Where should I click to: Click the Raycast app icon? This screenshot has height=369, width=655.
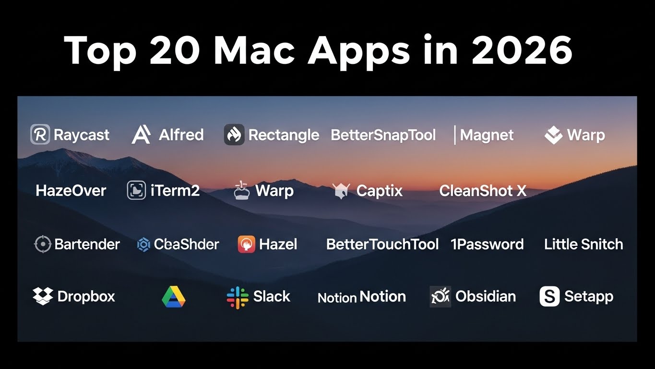click(x=40, y=135)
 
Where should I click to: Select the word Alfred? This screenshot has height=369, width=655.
click(x=181, y=135)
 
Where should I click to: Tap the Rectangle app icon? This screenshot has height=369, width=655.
click(x=234, y=135)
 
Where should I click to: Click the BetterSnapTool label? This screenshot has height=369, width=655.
click(x=383, y=135)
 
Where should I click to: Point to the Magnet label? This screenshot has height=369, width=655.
click(x=487, y=135)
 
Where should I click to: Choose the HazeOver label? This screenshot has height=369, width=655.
click(x=71, y=191)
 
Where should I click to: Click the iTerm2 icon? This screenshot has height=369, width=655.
click(x=136, y=191)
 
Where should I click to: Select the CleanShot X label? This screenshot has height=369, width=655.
click(x=483, y=191)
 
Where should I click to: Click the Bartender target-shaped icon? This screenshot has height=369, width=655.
click(x=43, y=245)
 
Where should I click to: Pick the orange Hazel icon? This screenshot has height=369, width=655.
click(x=247, y=245)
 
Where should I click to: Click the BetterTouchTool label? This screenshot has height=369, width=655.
click(x=382, y=244)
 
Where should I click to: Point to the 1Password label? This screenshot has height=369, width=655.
click(x=487, y=244)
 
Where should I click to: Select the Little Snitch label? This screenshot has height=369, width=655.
click(x=584, y=244)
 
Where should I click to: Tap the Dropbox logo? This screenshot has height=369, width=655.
click(x=43, y=296)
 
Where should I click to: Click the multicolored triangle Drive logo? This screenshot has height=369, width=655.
click(x=174, y=297)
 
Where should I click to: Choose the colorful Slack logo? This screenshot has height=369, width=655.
click(x=238, y=297)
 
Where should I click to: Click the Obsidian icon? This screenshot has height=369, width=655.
click(x=440, y=296)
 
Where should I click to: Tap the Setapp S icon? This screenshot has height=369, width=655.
click(x=549, y=296)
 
